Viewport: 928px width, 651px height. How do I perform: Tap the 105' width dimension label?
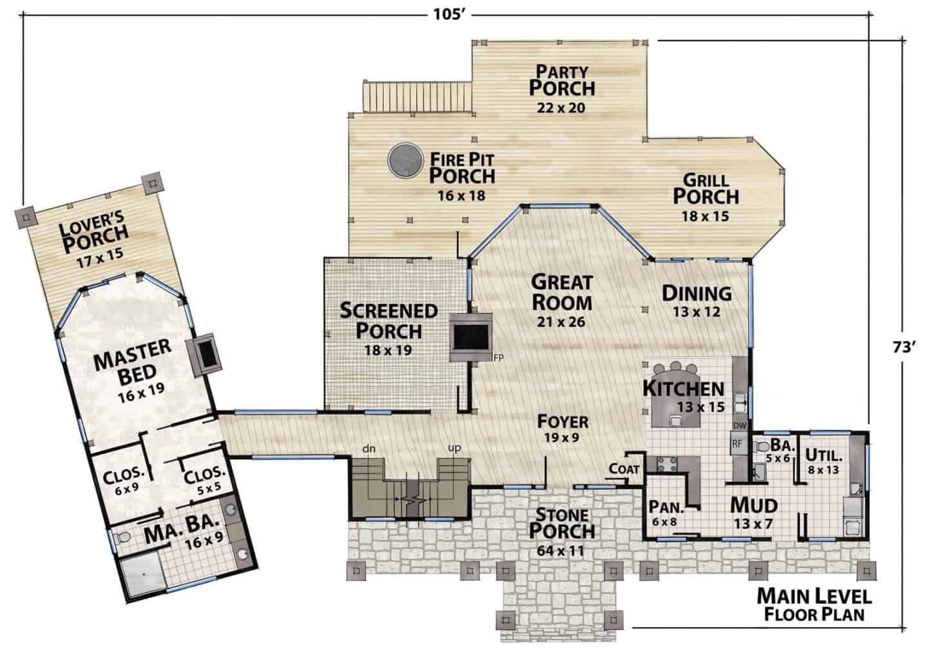[450, 15]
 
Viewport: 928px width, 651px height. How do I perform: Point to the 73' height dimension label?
[904, 347]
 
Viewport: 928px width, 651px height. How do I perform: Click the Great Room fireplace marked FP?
[471, 337]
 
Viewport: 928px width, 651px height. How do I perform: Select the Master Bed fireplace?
[204, 355]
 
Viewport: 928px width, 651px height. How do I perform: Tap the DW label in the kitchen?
[740, 425]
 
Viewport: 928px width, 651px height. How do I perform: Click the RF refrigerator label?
[737, 444]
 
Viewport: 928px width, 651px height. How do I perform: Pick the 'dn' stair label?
[369, 449]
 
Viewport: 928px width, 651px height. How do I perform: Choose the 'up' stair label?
[454, 448]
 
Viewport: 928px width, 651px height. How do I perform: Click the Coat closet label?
[624, 469]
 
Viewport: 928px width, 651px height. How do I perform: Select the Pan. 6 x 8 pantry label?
[666, 514]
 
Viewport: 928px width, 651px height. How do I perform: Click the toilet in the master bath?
[122, 538]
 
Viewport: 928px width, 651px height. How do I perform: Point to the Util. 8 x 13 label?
[824, 462]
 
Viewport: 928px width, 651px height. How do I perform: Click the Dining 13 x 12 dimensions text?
[697, 311]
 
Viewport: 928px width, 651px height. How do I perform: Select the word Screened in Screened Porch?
[389, 311]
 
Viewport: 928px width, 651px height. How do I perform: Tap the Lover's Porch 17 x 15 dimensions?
[100, 258]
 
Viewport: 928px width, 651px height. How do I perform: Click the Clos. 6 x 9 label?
[124, 482]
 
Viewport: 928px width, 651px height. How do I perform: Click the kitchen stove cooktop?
[667, 464]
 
